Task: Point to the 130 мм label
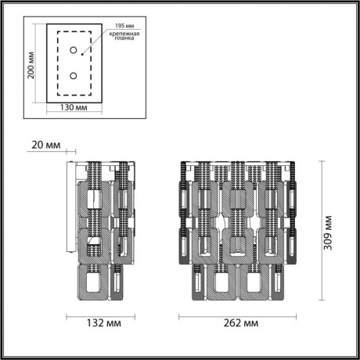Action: (x=74, y=108)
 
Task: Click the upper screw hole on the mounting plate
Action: (x=73, y=51)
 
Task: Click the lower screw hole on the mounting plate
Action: (x=73, y=76)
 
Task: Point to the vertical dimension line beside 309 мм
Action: (x=321, y=231)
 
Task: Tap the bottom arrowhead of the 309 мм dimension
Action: (x=321, y=301)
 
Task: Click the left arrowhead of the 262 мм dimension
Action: (x=182, y=317)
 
